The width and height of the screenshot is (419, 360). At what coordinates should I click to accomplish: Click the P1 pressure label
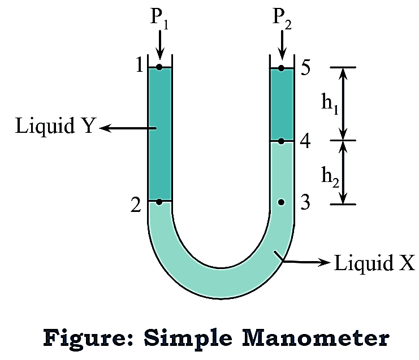[x=159, y=19]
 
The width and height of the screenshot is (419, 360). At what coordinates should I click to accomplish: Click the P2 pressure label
[x=281, y=19]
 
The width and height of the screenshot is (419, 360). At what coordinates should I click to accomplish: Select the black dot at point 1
[x=159, y=67]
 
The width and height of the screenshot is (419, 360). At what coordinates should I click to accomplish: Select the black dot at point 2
[x=159, y=201]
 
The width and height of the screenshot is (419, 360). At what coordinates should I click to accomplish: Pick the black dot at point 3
[x=281, y=202]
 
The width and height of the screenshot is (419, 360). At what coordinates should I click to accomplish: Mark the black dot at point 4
[x=281, y=140]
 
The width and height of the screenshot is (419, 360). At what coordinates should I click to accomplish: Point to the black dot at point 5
[x=281, y=68]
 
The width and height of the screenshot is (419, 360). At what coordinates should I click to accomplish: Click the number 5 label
[x=306, y=68]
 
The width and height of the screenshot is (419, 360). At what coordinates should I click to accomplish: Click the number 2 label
[x=136, y=205]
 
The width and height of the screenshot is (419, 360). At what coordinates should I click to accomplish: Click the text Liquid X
[x=374, y=263]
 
